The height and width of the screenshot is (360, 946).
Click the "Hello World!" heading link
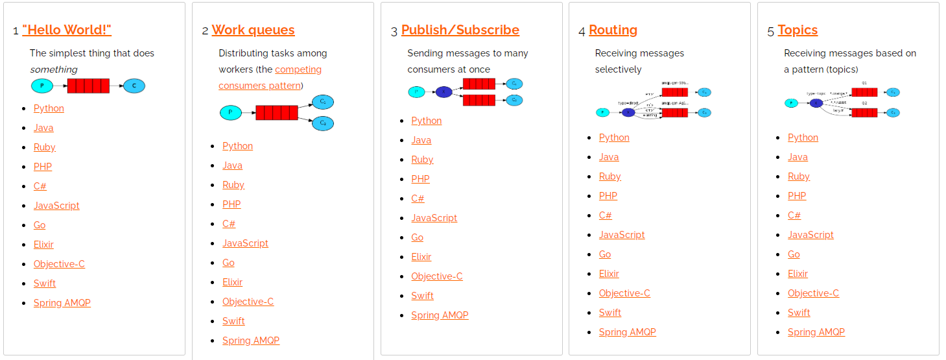point(67,30)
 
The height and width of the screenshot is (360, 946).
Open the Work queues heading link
point(253,30)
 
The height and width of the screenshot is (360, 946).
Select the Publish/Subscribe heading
point(460,30)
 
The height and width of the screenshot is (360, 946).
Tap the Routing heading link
point(613,30)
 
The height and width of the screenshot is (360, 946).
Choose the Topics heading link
point(797,30)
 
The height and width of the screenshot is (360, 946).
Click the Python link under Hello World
point(49,108)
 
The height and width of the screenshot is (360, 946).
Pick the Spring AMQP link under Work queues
point(250,341)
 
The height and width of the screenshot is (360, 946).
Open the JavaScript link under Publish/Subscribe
point(434,218)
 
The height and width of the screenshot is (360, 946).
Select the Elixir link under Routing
point(609,274)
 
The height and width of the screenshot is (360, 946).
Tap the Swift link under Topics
point(799,313)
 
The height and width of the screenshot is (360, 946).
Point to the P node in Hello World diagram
point(42,86)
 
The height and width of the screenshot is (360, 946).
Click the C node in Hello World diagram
point(134,86)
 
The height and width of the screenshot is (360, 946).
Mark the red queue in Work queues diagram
point(277,113)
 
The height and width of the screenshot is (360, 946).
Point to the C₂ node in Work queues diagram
point(323,123)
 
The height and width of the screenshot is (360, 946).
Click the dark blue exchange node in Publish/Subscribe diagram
point(443,92)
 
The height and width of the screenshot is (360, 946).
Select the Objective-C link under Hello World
point(59,264)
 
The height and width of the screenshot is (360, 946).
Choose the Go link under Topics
point(794,254)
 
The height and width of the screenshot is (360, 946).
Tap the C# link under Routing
point(605,215)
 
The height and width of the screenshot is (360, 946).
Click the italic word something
point(54,69)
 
